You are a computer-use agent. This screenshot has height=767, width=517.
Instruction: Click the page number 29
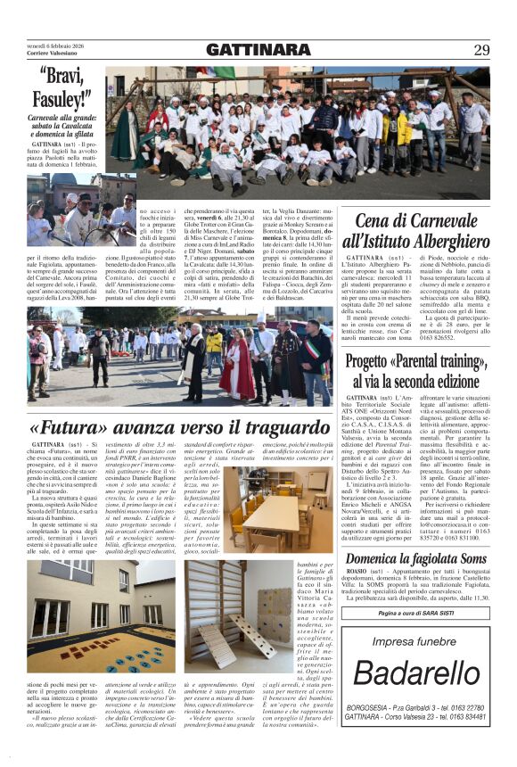coord(481,50)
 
